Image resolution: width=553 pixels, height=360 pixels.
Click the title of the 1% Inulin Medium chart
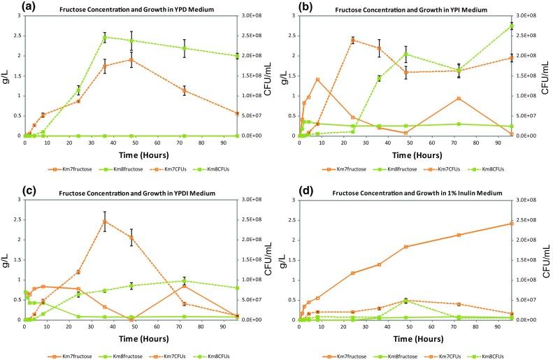[x=405, y=192]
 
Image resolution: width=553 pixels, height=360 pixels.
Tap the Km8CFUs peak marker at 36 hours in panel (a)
[x=104, y=37]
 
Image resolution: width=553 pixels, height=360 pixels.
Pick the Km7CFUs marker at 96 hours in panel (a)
[x=236, y=113]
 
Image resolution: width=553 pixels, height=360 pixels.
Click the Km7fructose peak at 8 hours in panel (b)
[x=317, y=79]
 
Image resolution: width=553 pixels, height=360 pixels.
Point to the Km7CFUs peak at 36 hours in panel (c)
[x=104, y=222]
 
